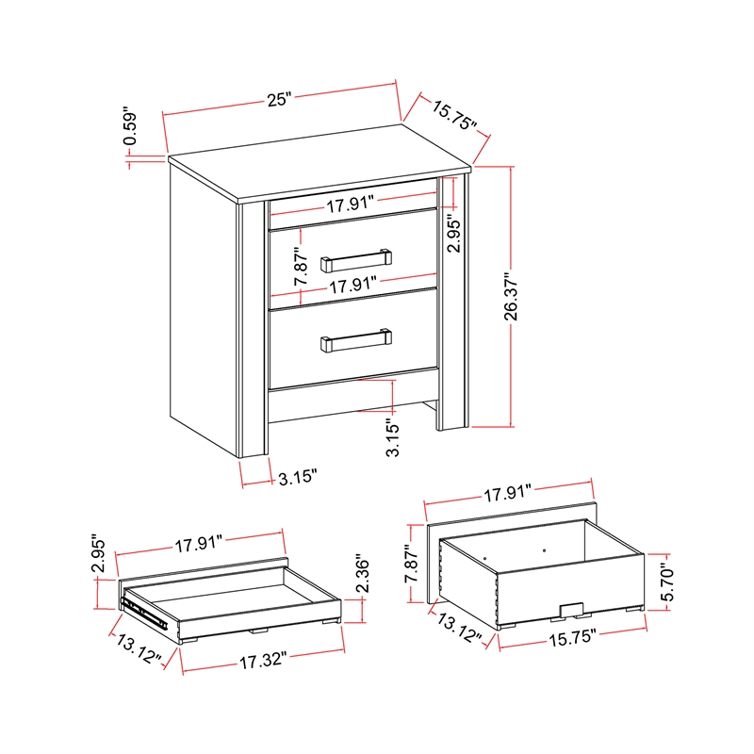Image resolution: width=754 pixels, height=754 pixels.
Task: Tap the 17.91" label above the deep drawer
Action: pos(508,491)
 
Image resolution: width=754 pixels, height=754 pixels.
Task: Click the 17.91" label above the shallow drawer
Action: pos(198,543)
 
